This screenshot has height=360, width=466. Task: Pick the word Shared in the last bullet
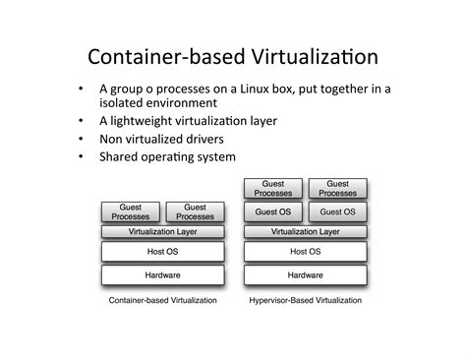click(121, 156)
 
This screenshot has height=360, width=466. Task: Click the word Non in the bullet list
click(111, 139)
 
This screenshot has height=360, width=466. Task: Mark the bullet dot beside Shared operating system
click(81, 156)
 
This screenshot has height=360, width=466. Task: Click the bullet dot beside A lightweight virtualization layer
click(81, 121)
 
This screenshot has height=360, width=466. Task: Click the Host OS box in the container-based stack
click(163, 252)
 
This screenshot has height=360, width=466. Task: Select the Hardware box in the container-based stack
click(163, 274)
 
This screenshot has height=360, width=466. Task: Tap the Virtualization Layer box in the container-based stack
click(163, 232)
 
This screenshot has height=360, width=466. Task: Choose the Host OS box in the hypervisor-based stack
click(305, 252)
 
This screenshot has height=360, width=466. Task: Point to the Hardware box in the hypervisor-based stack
click(305, 274)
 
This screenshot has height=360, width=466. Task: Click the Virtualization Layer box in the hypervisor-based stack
click(305, 232)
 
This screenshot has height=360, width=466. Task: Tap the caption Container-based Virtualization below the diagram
click(162, 300)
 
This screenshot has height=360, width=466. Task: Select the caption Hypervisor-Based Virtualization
click(305, 300)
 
